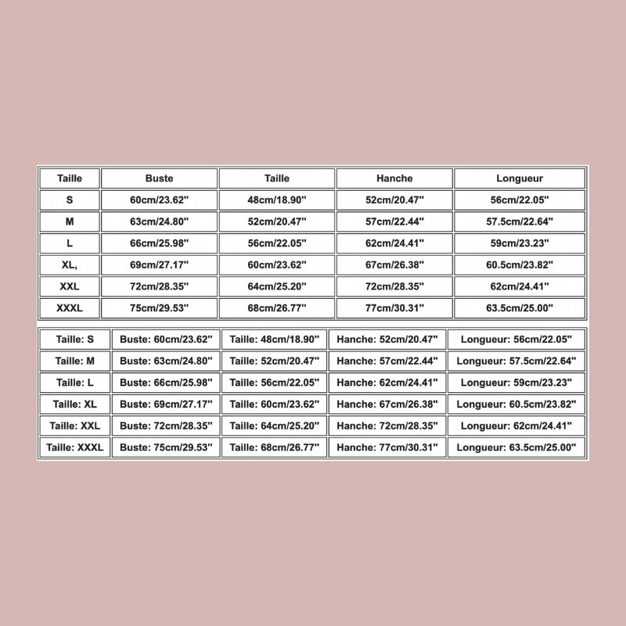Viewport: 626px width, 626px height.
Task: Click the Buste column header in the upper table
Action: coord(160,178)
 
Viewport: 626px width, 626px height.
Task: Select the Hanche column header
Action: coord(394,178)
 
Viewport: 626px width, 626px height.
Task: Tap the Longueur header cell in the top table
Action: coord(520,178)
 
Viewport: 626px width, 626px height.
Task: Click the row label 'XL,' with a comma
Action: coord(70,265)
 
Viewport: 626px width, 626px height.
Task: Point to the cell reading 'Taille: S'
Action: coord(74,340)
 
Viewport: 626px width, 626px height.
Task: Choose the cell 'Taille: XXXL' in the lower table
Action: coord(74,448)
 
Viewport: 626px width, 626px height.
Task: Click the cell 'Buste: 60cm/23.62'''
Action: coord(166,340)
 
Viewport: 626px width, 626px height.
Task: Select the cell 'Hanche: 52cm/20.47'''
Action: coord(388,340)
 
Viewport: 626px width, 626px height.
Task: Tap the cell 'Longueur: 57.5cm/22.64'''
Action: coord(516,362)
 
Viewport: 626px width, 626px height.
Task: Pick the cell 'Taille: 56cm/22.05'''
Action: coord(275,383)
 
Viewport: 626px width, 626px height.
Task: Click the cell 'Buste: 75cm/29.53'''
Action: coord(166,448)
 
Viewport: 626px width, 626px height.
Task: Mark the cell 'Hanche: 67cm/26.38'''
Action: coord(388,405)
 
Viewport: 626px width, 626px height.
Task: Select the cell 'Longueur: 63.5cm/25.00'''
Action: coord(516,448)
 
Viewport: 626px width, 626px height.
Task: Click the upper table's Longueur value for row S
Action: coord(520,200)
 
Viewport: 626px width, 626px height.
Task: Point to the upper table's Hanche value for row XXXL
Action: coord(394,308)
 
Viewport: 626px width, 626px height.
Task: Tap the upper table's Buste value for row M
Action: coord(160,221)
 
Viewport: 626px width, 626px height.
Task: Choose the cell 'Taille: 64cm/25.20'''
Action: coord(275,426)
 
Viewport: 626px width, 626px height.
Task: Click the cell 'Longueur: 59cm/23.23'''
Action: coord(516,383)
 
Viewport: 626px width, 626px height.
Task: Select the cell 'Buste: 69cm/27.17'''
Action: coord(166,405)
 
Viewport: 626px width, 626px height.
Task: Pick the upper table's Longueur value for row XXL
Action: coord(520,287)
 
